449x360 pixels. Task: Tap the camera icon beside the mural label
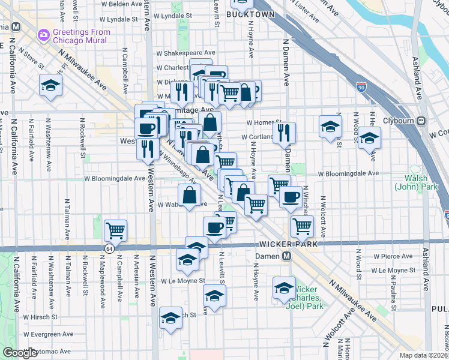[x=44, y=35]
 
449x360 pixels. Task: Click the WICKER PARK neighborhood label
[x=284, y=244]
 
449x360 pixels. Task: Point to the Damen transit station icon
[x=287, y=256]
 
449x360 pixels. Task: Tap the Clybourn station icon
[x=421, y=119]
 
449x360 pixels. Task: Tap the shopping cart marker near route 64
[x=115, y=230]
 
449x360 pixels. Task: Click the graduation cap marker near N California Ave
[x=51, y=85]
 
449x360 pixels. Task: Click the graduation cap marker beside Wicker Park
[x=284, y=288]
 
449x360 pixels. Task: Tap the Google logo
[x=20, y=353]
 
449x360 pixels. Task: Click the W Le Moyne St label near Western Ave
[x=181, y=280]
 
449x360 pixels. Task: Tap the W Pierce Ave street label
[x=393, y=256]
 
